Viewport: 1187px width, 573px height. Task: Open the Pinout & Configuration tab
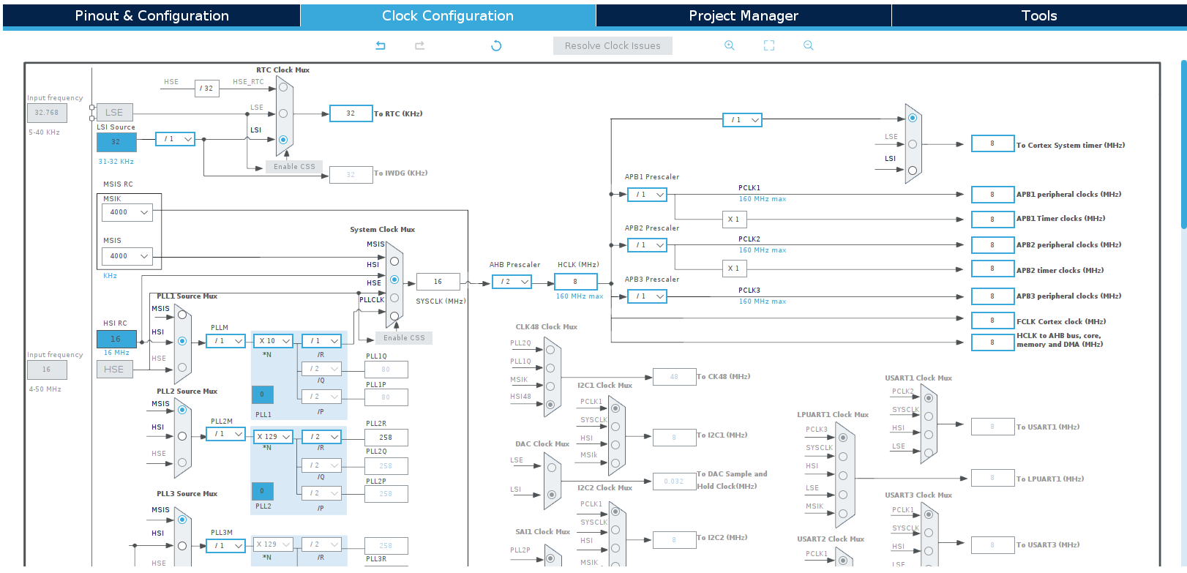pos(151,15)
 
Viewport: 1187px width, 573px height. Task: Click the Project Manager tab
pos(743,15)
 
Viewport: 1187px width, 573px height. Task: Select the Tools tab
pos(1038,15)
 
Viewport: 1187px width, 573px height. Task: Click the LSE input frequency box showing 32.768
pos(47,113)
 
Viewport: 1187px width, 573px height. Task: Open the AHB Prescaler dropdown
pos(512,282)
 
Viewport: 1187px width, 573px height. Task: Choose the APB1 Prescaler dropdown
pos(648,195)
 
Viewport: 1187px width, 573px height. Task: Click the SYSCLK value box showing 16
pos(438,282)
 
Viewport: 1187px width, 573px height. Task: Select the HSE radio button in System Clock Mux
pos(394,280)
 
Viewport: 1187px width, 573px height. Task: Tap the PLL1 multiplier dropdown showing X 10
pos(274,341)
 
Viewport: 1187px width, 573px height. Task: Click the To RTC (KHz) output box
pos(351,113)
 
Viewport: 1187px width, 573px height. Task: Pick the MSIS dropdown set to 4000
pos(127,256)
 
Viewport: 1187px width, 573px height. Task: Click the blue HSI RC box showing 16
pos(116,339)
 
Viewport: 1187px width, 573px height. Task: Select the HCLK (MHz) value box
pos(575,282)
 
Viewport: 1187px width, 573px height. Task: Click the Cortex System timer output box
pos(992,143)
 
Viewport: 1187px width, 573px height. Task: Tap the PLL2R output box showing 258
pos(386,438)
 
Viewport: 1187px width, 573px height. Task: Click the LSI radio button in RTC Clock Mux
pos(283,140)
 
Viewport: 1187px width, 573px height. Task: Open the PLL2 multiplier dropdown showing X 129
pos(274,437)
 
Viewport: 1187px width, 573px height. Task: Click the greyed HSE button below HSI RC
pos(114,370)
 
